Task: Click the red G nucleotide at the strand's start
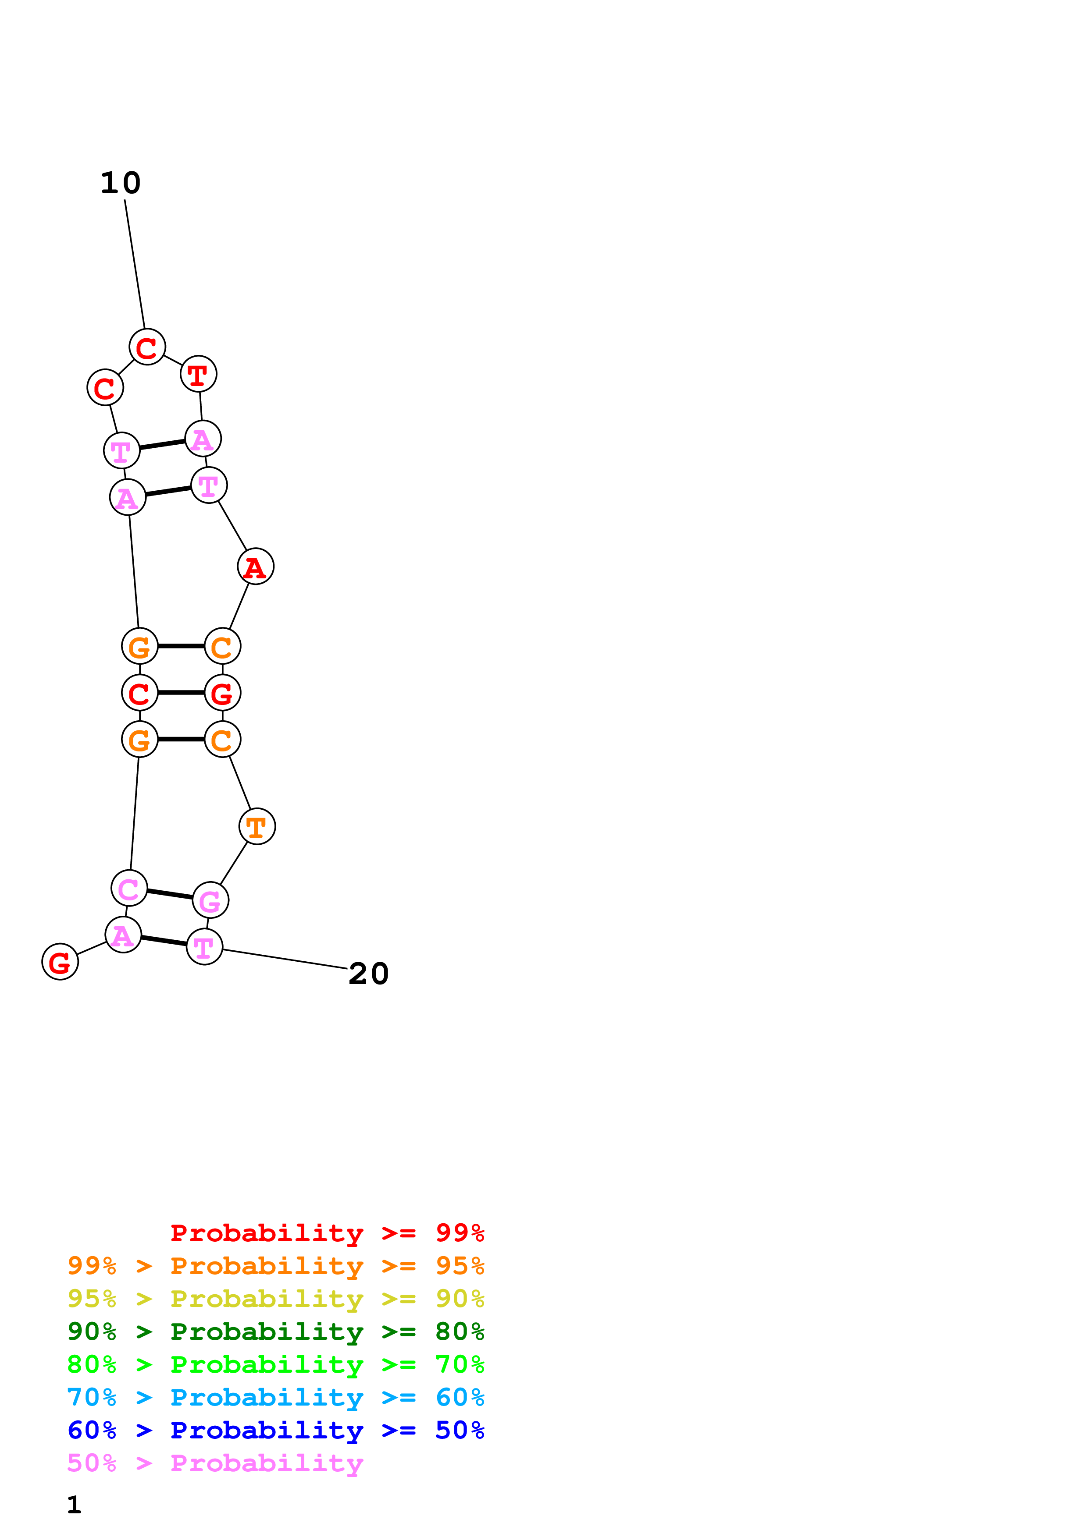[60, 962]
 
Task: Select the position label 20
[368, 974]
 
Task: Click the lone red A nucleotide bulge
[255, 567]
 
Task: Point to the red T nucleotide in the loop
[198, 374]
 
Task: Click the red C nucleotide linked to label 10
[147, 347]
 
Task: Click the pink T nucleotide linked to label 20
[204, 946]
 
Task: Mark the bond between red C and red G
[181, 693]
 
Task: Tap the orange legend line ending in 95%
[275, 1266]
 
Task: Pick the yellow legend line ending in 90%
[275, 1299]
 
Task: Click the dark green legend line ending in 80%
[275, 1332]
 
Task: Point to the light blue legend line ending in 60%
[275, 1397]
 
